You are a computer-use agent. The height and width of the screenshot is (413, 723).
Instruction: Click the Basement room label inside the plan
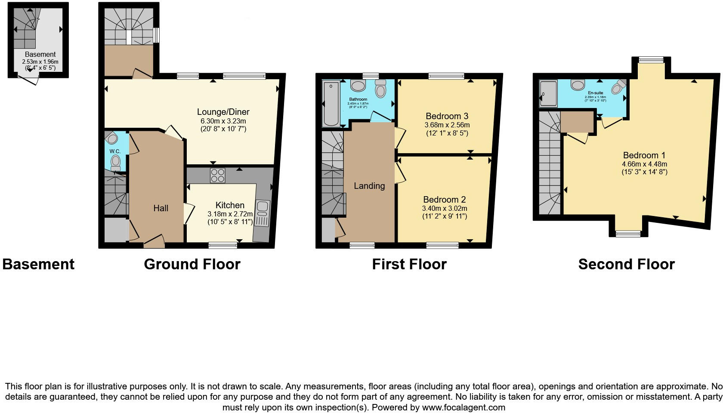point(40,55)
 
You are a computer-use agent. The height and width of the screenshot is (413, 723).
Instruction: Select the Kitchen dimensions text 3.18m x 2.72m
point(230,214)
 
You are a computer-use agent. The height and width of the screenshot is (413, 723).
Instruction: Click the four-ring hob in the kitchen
point(217,176)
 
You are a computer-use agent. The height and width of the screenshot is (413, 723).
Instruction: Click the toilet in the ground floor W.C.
point(115,162)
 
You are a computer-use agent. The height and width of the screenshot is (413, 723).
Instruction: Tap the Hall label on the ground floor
point(161,208)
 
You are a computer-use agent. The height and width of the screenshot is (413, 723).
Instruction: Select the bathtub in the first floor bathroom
point(331,103)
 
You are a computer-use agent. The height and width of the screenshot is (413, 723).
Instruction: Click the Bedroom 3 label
point(447,116)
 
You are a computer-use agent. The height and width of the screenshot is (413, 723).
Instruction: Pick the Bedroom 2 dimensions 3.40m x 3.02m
point(445,208)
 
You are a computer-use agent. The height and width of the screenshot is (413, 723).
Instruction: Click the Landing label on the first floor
point(369,186)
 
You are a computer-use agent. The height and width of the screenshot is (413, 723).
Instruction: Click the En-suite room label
point(595,93)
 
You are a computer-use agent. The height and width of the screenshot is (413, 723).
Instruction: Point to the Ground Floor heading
point(192,264)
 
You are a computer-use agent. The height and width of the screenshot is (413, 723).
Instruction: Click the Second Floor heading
point(626,264)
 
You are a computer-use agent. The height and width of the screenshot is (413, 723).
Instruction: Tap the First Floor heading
point(409,264)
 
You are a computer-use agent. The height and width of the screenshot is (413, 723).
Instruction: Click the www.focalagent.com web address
point(463,407)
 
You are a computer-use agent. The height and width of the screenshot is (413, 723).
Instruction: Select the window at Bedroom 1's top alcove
point(648,60)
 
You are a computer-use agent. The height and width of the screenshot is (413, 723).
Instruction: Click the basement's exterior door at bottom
point(29,79)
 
